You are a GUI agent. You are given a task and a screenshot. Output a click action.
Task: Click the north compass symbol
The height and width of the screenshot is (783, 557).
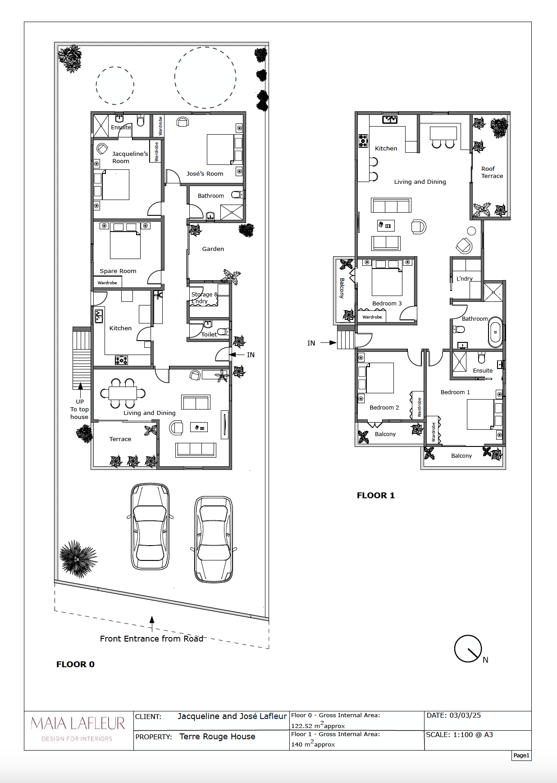point(469,649)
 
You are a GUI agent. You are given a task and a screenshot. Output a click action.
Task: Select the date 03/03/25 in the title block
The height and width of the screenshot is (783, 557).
point(465,715)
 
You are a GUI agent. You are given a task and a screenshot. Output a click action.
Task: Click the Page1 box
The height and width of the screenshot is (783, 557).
point(521,756)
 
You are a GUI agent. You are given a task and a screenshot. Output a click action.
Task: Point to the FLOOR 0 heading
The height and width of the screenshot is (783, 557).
point(75,665)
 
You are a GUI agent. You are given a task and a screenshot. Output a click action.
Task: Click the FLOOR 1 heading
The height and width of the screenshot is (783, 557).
point(375,496)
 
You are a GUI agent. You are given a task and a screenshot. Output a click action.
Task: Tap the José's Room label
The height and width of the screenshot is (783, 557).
point(205,174)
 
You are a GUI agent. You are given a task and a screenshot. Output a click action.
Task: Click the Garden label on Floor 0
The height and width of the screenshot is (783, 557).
point(213,249)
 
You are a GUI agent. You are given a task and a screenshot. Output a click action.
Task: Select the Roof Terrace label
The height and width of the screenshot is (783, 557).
point(492,173)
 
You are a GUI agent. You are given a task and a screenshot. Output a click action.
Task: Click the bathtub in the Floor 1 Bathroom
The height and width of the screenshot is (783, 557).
point(495,332)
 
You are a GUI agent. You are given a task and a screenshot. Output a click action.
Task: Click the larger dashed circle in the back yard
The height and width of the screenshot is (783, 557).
point(205,77)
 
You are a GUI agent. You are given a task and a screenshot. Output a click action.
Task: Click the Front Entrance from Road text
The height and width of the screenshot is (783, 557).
point(151,639)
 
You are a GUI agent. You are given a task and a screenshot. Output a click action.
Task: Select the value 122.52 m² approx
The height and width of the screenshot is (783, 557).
point(318,726)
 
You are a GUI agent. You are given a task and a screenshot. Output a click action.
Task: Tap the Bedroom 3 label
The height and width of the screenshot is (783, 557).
point(387,304)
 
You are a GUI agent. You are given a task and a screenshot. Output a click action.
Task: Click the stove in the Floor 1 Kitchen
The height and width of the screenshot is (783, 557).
point(363,141)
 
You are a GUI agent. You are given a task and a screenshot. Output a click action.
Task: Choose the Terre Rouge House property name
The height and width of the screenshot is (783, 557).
point(217,737)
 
